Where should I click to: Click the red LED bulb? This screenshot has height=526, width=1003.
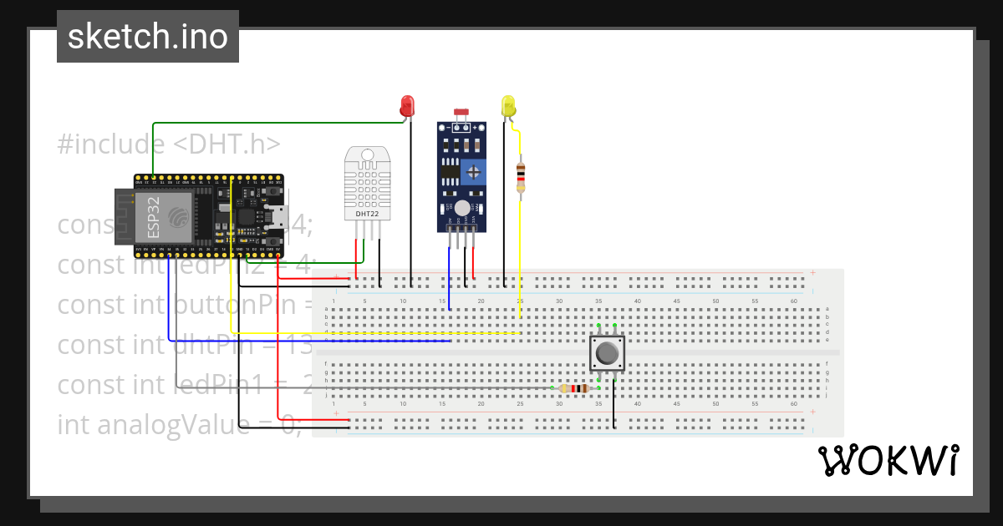407,105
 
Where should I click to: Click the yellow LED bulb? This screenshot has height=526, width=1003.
508,105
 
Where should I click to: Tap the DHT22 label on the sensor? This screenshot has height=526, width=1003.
367,214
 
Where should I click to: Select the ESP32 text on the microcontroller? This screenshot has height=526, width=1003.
153,217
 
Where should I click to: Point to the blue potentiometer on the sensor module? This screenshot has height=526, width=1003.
474,172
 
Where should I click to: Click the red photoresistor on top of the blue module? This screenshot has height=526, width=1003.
459,112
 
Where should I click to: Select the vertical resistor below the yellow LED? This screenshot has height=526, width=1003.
521,177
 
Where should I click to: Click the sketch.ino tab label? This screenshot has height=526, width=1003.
148,37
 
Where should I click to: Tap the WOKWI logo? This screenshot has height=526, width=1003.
888,461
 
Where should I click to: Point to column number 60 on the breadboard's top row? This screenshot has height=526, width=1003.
793,301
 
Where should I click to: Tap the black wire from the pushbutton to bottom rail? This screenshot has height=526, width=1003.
614,405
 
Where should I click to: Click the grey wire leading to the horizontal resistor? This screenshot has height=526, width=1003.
376,388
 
